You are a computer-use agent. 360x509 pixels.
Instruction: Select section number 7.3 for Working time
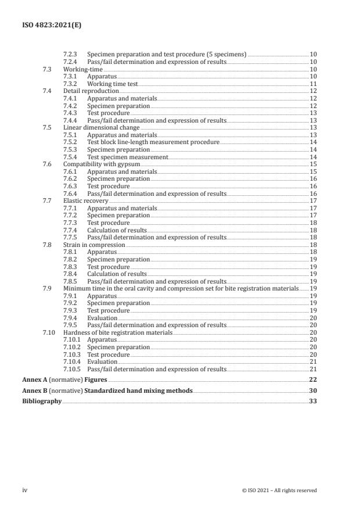click(x=48, y=69)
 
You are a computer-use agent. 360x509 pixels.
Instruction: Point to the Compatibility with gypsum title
click(x=103, y=164)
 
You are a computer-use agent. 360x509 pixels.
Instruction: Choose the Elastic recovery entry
click(x=86, y=200)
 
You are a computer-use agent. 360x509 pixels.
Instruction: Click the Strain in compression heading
click(x=94, y=245)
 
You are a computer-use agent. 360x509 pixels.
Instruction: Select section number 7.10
click(x=49, y=332)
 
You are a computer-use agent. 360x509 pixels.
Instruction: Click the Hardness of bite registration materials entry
click(x=118, y=332)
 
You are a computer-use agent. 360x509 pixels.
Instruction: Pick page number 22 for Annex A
click(x=312, y=379)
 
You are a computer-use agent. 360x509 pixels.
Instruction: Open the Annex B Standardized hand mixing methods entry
click(x=107, y=390)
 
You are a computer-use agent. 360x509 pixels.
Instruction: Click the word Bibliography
click(x=42, y=402)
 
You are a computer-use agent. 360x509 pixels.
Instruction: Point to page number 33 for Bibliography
click(x=312, y=402)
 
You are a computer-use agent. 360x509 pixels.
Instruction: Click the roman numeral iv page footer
click(x=25, y=490)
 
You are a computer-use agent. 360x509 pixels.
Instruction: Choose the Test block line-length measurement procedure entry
click(x=153, y=142)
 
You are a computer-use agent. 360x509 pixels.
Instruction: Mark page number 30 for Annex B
click(x=312, y=390)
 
